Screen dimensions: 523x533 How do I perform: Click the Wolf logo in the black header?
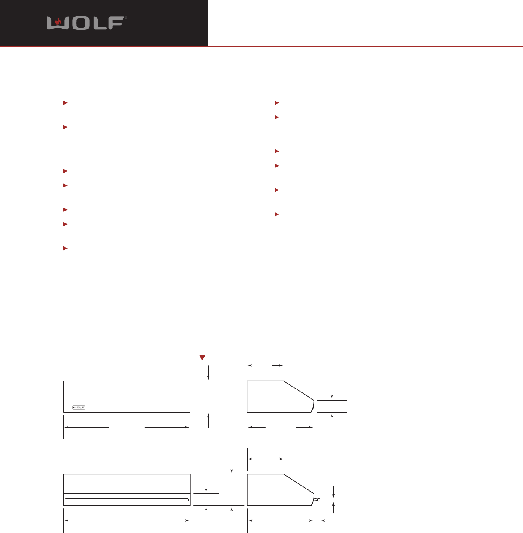point(87,23)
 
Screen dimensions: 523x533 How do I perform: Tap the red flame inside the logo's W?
point(58,21)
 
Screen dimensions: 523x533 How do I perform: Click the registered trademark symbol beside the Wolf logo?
point(126,18)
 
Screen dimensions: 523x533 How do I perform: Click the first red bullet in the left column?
point(65,103)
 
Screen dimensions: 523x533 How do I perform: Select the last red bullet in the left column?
point(65,249)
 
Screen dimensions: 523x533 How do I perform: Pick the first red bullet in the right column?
point(276,103)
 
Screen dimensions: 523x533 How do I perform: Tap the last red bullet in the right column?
point(276,214)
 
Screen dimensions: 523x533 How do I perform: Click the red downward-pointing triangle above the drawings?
point(203,357)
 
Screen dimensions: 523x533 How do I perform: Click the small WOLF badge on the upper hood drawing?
point(79,407)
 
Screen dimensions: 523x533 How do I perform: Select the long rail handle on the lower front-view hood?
point(126,500)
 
